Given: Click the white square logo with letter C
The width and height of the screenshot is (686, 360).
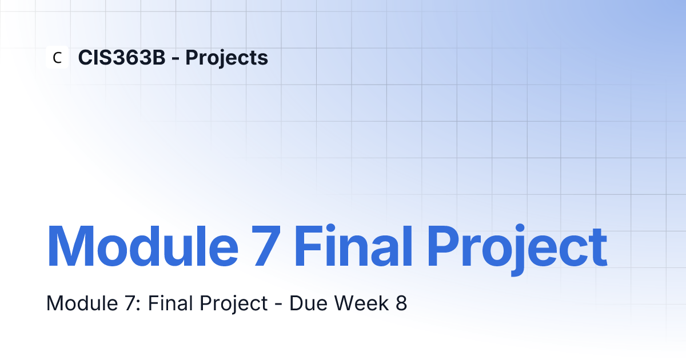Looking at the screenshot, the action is (x=57, y=57).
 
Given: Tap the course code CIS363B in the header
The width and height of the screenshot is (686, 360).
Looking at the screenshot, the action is (x=122, y=58).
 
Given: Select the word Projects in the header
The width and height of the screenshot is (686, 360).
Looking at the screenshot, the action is (x=226, y=58).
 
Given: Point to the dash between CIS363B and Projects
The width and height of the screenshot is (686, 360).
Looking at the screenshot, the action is (x=176, y=59).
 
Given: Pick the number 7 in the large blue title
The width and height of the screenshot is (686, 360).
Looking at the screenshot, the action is (x=266, y=247).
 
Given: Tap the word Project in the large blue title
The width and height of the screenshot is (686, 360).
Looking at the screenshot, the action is (x=517, y=250).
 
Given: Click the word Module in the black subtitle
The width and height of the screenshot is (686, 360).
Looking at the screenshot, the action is (x=82, y=303).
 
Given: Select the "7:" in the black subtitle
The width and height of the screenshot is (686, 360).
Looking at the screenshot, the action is (x=132, y=303).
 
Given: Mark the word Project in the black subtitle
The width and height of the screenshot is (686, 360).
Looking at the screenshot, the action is (x=234, y=305).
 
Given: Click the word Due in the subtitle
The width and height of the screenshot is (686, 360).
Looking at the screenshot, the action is (x=308, y=303).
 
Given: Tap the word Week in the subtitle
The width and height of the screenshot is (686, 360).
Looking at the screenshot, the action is (x=361, y=303).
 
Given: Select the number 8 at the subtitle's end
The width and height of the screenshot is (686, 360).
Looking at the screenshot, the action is (x=401, y=303).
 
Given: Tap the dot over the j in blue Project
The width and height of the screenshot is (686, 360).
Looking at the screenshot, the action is (x=520, y=228).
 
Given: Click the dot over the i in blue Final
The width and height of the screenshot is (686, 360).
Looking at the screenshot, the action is (x=330, y=228).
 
